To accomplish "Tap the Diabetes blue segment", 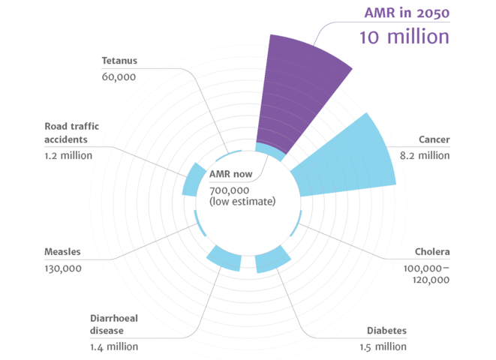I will click(273, 259).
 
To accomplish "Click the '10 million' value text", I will click(404, 36).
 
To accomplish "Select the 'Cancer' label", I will click(434, 139).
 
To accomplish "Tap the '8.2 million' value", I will click(424, 156).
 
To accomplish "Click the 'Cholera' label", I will click(432, 252).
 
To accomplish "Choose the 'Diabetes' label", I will click(386, 331).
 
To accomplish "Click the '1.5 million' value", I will click(382, 346).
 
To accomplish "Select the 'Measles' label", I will click(63, 252).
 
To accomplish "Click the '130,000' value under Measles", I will click(63, 268).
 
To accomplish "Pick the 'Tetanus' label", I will click(119, 60).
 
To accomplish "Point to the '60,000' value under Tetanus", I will click(119, 76).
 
